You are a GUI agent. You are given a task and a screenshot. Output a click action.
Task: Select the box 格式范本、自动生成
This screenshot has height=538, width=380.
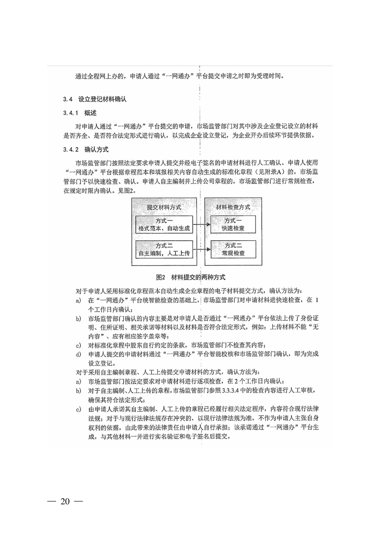coord(164,224)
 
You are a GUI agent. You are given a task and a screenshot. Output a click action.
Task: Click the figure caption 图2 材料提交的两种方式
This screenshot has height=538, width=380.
coord(190,277)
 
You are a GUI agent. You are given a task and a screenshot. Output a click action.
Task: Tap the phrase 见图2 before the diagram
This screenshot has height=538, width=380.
coord(127,190)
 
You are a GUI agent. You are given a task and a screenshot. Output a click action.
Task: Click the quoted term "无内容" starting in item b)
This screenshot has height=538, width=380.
coord(312,327)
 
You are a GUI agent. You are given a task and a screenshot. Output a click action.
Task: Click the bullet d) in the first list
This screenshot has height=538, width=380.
coord(79,354)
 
